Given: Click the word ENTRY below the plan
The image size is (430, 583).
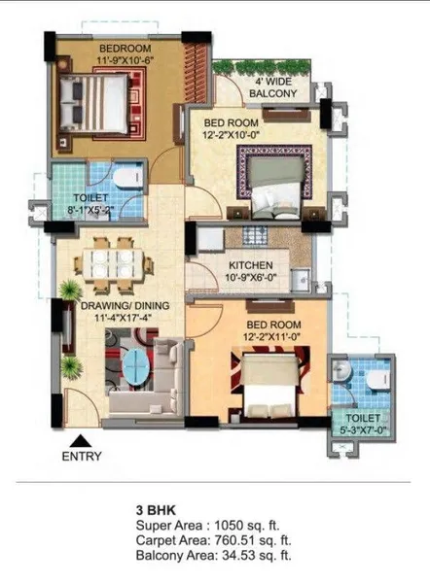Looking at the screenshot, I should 82,454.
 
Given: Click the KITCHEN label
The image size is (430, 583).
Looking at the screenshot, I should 250,265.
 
